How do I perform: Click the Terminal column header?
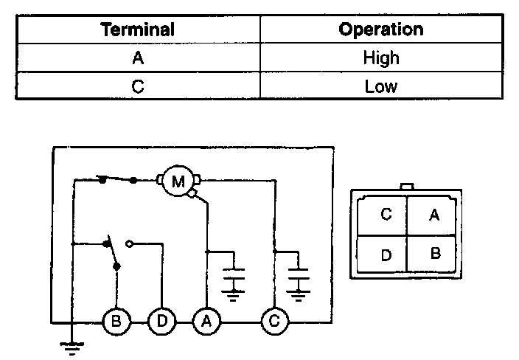coord(137,30)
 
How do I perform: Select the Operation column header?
coord(380,30)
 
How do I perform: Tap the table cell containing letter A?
coord(137,58)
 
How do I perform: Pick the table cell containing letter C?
coord(137,86)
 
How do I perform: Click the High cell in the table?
coord(380,58)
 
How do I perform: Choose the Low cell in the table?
coord(380,86)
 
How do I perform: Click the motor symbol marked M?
coord(178,180)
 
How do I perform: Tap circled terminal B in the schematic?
coord(116,322)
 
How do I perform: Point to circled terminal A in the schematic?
coord(207,322)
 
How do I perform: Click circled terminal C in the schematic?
coord(275,322)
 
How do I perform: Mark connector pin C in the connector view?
coord(386,215)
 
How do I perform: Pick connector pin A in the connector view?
coord(434,215)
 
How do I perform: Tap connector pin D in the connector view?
coord(386,255)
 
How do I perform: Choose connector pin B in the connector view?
coord(434,254)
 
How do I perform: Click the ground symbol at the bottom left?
coord(72,347)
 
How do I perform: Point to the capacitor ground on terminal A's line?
coord(234,284)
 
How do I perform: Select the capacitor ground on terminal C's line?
coord(298,284)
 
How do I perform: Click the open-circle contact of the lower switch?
coord(130,243)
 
